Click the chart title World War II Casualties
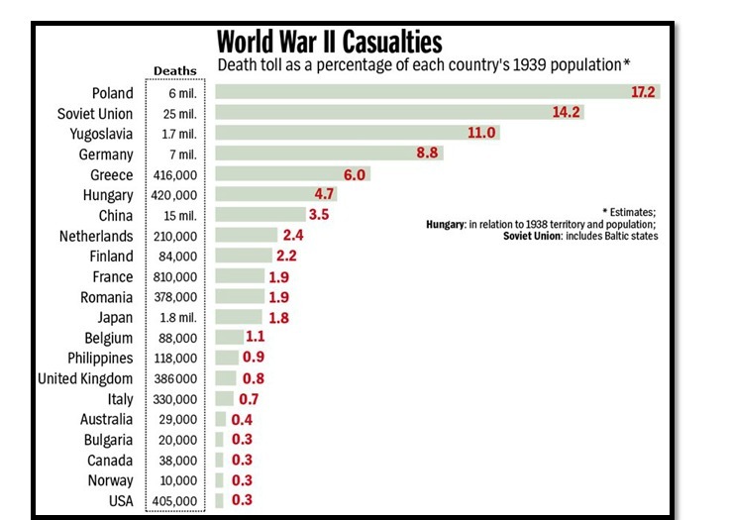pyautogui.click(x=329, y=43)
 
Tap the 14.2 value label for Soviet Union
pyautogui.click(x=566, y=113)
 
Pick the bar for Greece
pyautogui.click(x=276, y=174)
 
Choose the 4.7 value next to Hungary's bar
pyautogui.click(x=325, y=195)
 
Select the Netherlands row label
pyautogui.click(x=95, y=236)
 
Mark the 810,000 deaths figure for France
pyautogui.click(x=176, y=276)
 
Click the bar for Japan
pyautogui.click(x=239, y=317)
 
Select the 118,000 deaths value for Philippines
pyautogui.click(x=176, y=358)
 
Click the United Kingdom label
pyautogui.click(x=85, y=378)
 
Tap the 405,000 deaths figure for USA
pyautogui.click(x=176, y=500)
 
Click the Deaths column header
pyautogui.click(x=175, y=70)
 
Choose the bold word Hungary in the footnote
pyautogui.click(x=446, y=225)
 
